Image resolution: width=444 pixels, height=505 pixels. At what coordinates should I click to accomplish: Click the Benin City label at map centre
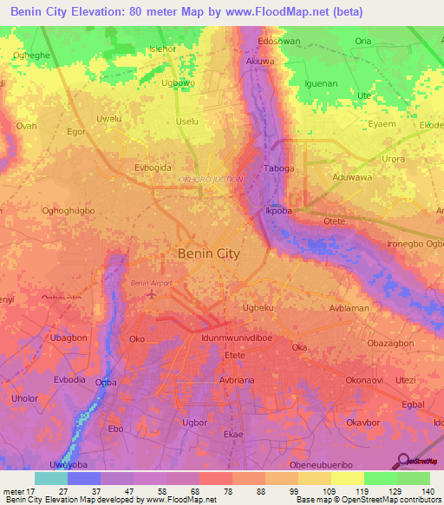tap(208, 253)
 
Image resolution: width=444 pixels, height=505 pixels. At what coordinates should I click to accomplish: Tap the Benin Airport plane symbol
tap(153, 294)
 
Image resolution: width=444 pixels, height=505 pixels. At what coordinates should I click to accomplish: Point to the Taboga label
tap(279, 168)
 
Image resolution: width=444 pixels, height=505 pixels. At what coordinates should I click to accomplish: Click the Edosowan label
tap(279, 41)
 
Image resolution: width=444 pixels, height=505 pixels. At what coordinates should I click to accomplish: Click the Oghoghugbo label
tap(68, 210)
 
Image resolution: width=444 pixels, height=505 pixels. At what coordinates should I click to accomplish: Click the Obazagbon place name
tap(390, 344)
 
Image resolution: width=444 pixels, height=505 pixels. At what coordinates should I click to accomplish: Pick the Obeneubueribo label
tap(348, 465)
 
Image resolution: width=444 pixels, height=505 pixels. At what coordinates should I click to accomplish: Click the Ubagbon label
tap(69, 338)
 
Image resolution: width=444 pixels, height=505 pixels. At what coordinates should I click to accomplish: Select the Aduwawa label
tap(351, 176)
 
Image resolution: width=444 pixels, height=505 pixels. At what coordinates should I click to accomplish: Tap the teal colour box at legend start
tap(51, 478)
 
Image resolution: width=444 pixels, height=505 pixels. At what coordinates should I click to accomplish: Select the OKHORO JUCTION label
tap(210, 179)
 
